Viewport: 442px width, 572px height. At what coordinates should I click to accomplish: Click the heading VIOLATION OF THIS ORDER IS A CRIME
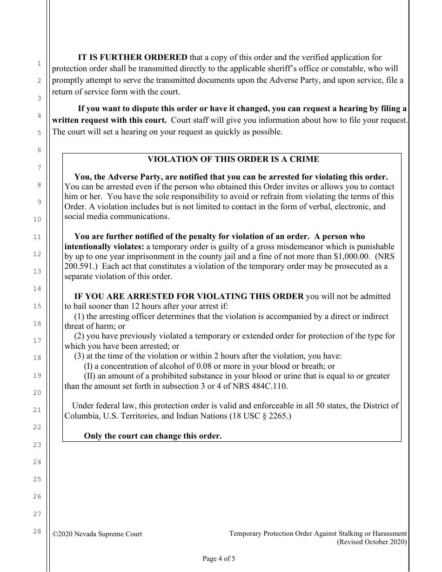(233, 159)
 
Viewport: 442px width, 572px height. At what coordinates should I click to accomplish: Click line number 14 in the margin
(37, 289)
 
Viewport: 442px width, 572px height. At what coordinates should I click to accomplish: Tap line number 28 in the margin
(37, 531)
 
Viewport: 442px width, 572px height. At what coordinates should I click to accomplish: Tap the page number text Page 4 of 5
(219, 559)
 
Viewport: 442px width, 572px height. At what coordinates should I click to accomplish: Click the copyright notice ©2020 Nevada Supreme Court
(97, 534)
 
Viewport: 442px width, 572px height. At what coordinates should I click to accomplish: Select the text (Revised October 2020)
(372, 542)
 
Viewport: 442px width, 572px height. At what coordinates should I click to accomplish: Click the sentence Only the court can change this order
(153, 436)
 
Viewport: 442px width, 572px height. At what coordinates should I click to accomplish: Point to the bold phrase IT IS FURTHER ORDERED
(132, 58)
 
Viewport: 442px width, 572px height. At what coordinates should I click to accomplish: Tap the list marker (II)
(90, 376)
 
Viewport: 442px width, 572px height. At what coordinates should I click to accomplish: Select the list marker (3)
(80, 356)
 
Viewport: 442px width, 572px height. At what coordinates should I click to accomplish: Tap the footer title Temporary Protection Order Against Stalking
(318, 534)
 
